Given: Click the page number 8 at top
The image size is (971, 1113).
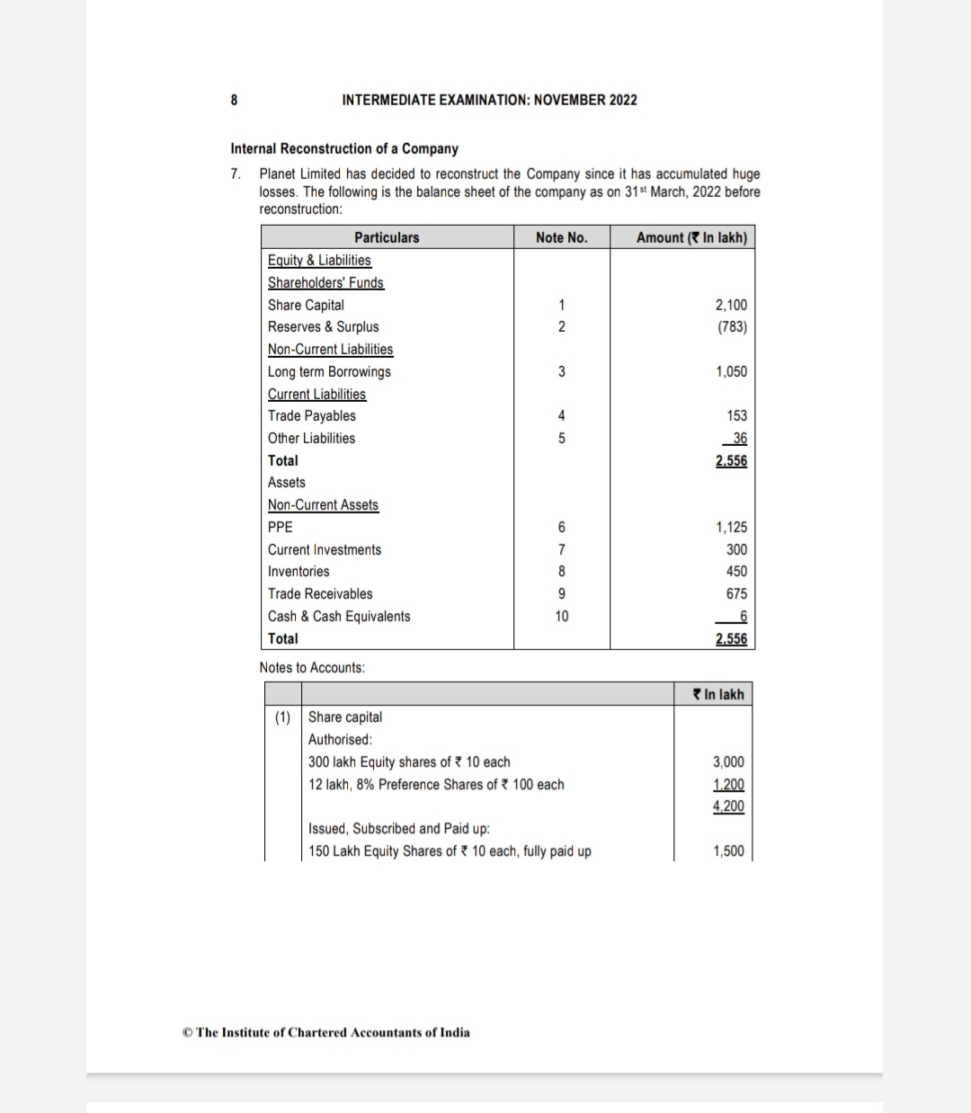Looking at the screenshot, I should pos(235,100).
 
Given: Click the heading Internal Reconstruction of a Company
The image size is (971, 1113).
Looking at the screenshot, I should pos(344,148).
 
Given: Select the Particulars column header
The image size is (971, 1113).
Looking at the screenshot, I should pos(387,237).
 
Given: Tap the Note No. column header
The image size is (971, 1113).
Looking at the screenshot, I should pos(561,237).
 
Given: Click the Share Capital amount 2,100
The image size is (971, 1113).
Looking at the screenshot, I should pos(731,305).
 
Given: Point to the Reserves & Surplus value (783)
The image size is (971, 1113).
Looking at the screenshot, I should pos(732,326).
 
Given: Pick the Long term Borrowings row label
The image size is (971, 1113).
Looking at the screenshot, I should pos(329,371).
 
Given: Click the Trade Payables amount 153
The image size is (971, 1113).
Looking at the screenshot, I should pos(736,415).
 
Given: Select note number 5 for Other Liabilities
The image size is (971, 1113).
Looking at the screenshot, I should pos(562,438).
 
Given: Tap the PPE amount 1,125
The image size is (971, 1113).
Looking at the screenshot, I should pos(731,527).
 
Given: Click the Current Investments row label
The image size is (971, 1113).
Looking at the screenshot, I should pos(325,549).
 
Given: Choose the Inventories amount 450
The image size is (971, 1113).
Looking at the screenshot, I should pos(736,571).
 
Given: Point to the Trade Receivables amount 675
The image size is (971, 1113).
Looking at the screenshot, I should pos(736,593).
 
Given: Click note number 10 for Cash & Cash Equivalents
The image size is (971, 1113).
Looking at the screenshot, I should pos(562,616).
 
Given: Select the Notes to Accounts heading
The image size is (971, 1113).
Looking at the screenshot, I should pos(312,667).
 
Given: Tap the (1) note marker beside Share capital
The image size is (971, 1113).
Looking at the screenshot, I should pos(283,717).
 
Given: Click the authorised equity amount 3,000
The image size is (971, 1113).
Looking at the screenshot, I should pos(728,761).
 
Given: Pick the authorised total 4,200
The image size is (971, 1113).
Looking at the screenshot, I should pos(728,806).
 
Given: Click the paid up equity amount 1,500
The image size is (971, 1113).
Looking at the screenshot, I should pos(728,850).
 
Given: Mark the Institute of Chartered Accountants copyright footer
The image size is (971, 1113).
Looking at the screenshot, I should pos(325,1032).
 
